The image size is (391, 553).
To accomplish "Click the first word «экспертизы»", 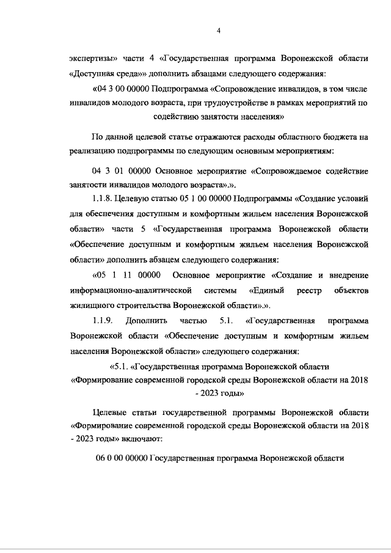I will (93, 59).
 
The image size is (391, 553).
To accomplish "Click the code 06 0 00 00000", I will (122, 458).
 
